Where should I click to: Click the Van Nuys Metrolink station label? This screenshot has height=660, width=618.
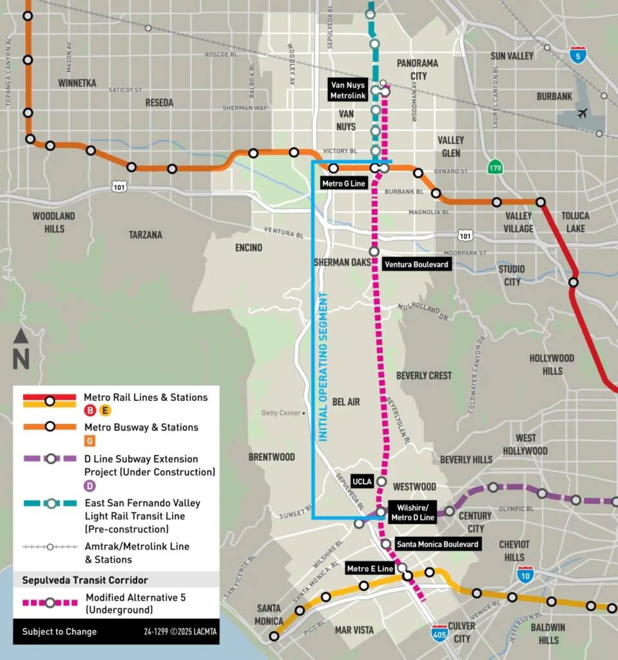(347, 90)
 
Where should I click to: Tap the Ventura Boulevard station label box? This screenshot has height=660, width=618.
(416, 264)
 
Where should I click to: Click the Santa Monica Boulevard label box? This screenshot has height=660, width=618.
(437, 545)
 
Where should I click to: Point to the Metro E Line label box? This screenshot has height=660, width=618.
(370, 568)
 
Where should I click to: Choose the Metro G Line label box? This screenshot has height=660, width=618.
(343, 184)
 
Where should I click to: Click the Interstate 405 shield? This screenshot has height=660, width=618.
(440, 630)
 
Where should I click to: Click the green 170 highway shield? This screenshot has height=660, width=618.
(494, 167)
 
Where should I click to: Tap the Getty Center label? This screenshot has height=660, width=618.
(281, 413)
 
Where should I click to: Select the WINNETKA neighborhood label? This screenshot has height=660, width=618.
(77, 83)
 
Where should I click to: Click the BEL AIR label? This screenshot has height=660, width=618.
(346, 402)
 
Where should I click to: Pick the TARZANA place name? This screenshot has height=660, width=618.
(145, 235)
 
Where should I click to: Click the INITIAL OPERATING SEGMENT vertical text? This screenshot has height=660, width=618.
(323, 367)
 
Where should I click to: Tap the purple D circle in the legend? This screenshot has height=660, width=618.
(90, 486)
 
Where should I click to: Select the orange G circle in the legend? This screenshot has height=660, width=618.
(90, 441)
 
